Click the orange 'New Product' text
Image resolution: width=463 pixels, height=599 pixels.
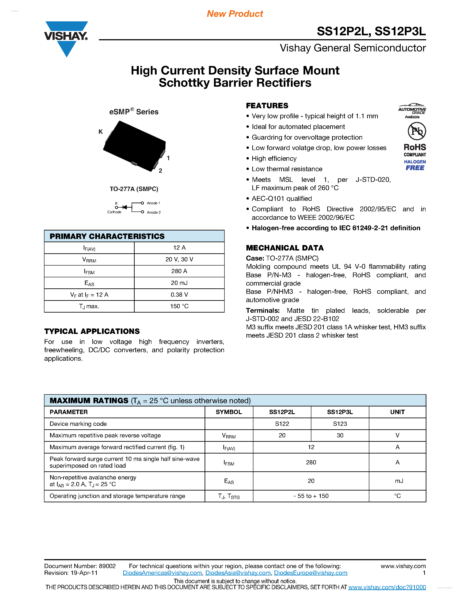(x=235, y=14)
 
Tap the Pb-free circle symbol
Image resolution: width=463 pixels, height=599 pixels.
(x=417, y=131)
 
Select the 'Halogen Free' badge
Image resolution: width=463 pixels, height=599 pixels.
(x=415, y=165)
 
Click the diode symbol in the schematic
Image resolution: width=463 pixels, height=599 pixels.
(x=125, y=207)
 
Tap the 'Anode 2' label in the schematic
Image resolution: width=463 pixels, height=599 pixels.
(x=154, y=213)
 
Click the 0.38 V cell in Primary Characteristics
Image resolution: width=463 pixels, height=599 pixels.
(x=179, y=294)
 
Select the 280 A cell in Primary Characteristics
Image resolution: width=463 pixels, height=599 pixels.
(x=179, y=271)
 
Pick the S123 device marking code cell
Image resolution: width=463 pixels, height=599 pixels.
(x=340, y=424)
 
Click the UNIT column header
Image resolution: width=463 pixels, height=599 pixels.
(x=397, y=412)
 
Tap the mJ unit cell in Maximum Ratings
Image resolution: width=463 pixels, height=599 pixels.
(x=399, y=481)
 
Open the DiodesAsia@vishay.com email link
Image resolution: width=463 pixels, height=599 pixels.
(x=238, y=573)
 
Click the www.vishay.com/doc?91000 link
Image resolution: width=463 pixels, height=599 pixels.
(x=387, y=587)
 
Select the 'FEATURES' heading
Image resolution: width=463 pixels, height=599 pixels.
(x=267, y=106)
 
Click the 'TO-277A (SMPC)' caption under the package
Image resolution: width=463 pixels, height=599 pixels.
(x=134, y=189)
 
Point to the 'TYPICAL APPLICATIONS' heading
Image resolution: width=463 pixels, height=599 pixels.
(x=92, y=331)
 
